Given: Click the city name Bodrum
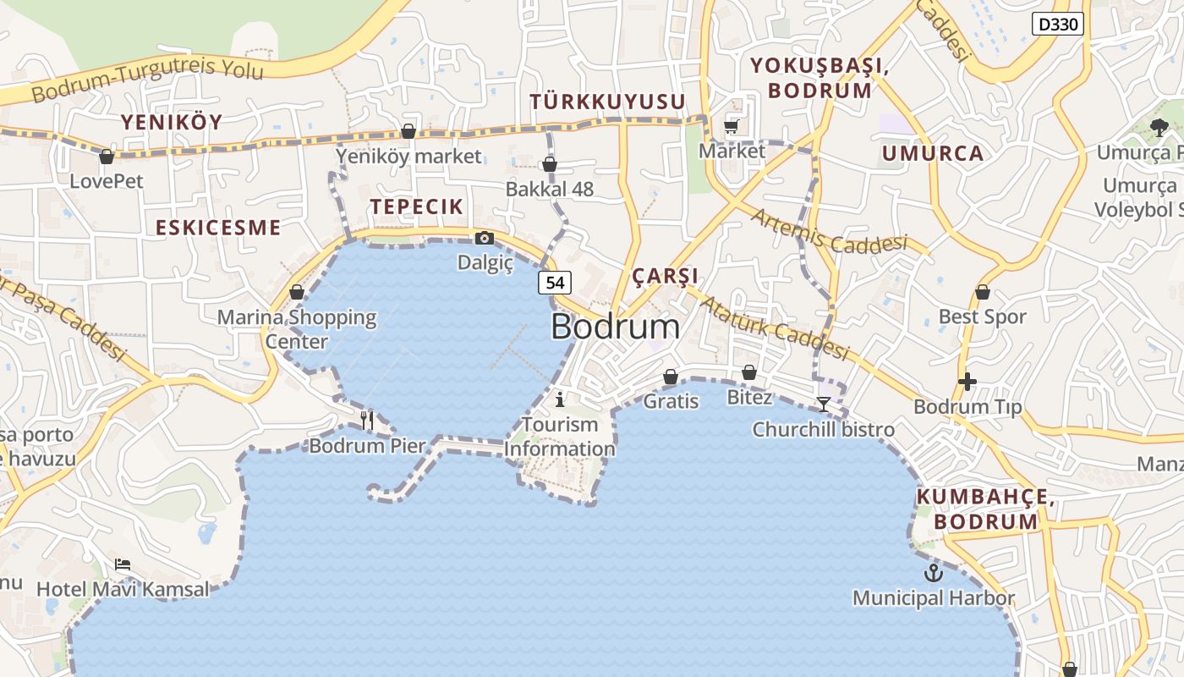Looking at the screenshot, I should point(615,327).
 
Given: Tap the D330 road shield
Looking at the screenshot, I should point(1058,24).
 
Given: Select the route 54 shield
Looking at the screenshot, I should point(555,283).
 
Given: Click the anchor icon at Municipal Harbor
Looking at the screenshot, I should point(933,573).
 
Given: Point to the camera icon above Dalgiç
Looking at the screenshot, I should point(485,239).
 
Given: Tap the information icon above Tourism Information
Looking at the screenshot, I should point(559,399).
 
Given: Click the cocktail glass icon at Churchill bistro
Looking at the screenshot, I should point(824,404).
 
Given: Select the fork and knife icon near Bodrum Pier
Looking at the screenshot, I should point(367,419).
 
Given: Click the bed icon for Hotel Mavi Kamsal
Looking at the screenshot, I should point(123,564).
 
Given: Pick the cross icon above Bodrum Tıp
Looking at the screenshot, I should point(967,382).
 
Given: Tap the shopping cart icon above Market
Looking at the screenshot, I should point(732,127).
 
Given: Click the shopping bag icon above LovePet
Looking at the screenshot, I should point(107,157).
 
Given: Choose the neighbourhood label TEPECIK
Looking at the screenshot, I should point(416,206).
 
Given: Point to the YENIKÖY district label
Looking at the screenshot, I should point(172,122).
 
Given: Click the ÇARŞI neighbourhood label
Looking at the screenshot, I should point(665,276).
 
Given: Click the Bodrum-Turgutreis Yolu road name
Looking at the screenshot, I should point(148,80).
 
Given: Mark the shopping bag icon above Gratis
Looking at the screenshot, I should point(671,376).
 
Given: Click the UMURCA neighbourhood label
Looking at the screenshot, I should point(933,153).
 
